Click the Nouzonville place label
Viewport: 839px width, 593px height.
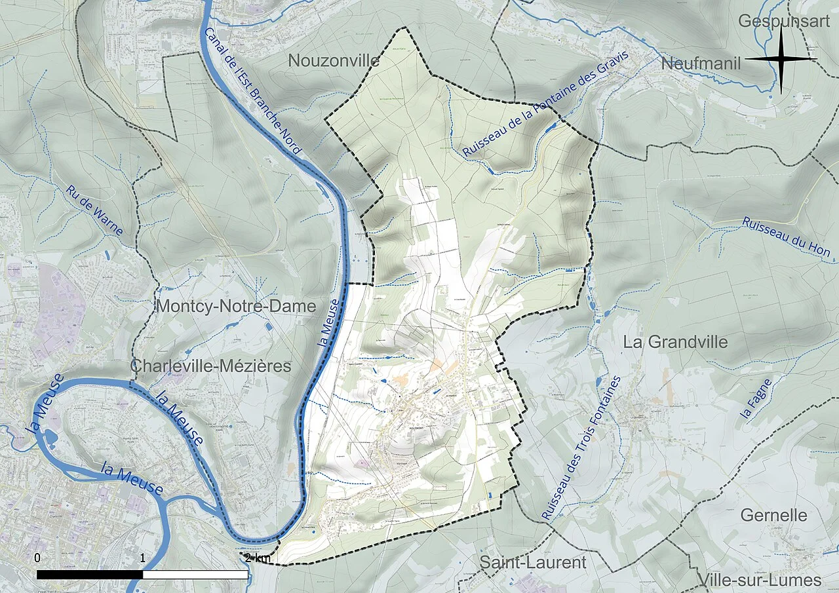point(334,61)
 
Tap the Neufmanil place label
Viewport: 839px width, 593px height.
point(701,64)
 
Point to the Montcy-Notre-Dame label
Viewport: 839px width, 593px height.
point(236,306)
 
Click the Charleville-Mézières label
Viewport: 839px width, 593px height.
point(211,366)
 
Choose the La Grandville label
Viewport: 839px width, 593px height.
point(675,342)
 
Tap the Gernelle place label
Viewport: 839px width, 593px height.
point(773,515)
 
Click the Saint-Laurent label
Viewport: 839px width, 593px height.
point(533,562)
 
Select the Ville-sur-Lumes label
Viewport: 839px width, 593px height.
point(760,580)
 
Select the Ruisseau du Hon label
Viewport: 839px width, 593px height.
point(786,237)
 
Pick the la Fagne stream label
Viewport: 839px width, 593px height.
point(756,399)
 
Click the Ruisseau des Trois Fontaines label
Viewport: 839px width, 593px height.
point(581,448)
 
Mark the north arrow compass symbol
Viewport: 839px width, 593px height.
point(781,59)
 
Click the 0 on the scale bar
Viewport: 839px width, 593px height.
point(37,558)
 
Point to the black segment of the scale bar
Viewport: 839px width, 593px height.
point(90,575)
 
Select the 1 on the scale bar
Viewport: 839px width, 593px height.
point(143,558)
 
